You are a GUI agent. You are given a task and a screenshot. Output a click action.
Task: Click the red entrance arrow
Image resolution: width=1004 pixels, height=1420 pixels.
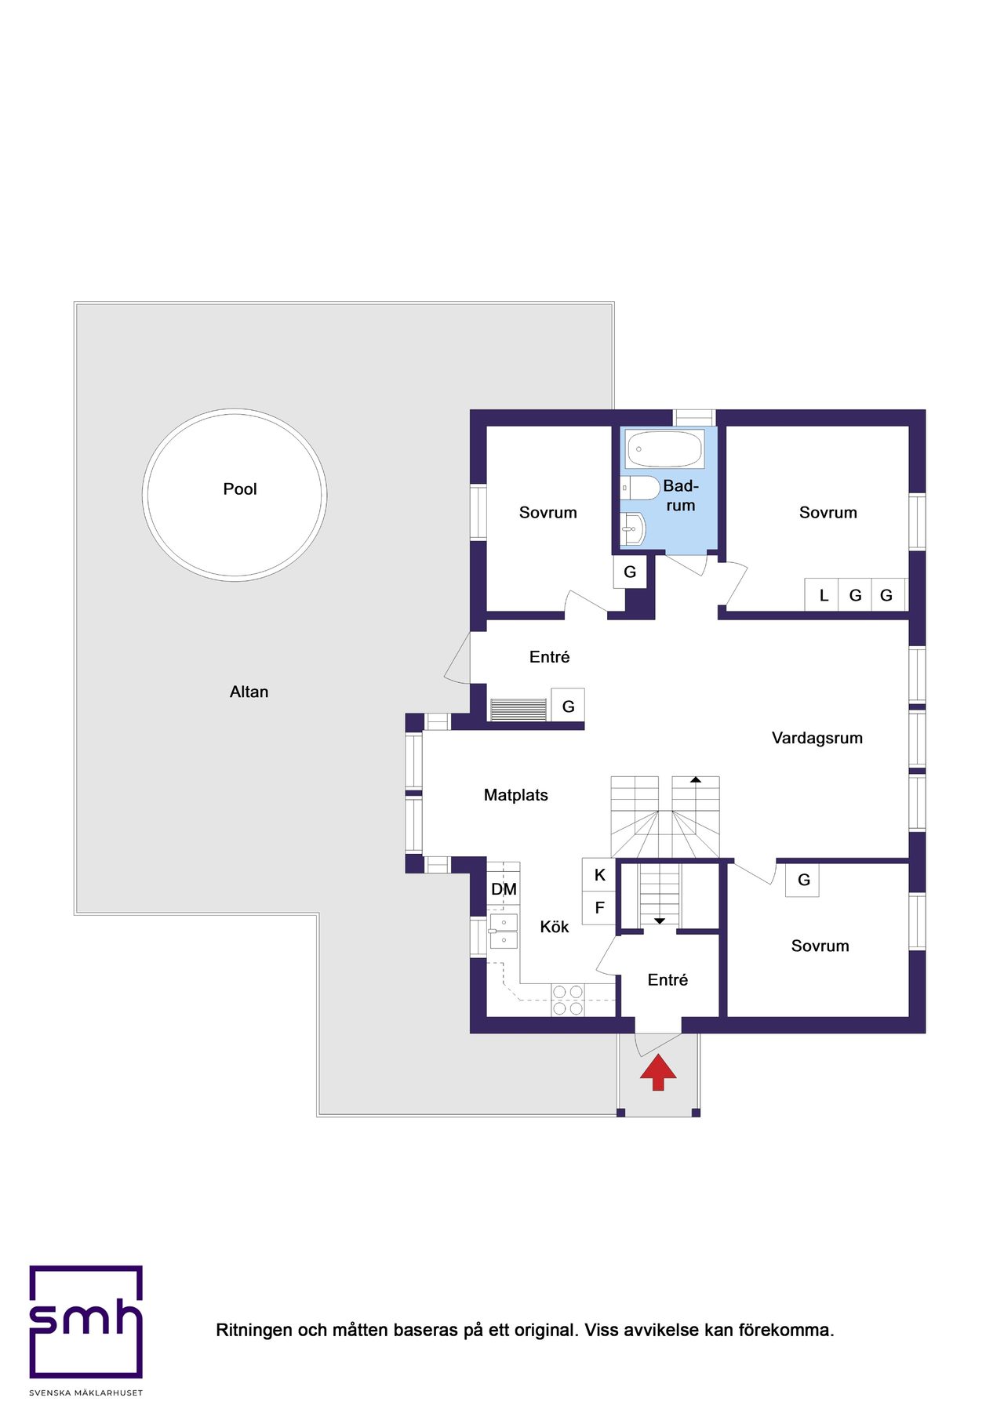pyautogui.click(x=658, y=1072)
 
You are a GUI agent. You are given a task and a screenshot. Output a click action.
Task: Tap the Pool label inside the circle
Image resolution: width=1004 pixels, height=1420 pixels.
pyautogui.click(x=240, y=489)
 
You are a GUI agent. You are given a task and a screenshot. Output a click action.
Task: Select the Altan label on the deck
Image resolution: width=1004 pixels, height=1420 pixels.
pyautogui.click(x=249, y=692)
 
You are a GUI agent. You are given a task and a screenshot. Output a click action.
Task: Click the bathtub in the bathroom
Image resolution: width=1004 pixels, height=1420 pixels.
pyautogui.click(x=665, y=449)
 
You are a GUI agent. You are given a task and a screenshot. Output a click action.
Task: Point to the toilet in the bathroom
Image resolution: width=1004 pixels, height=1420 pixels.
pyautogui.click(x=640, y=488)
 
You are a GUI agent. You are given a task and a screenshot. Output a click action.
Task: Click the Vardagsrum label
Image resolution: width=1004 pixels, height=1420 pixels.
pyautogui.click(x=817, y=738)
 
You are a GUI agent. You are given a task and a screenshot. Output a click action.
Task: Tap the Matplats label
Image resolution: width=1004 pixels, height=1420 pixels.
pyautogui.click(x=516, y=795)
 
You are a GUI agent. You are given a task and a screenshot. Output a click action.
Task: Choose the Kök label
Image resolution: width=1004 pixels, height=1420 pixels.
pyautogui.click(x=555, y=927)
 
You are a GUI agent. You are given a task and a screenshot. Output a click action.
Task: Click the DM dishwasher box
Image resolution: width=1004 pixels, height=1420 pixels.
pyautogui.click(x=504, y=889)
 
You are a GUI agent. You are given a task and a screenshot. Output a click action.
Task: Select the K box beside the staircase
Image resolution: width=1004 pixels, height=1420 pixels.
pyautogui.click(x=599, y=875)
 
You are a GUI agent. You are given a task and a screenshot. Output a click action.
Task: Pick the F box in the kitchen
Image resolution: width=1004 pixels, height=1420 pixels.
pyautogui.click(x=599, y=908)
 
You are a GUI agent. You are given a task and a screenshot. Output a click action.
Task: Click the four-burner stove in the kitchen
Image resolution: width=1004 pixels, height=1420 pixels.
pyautogui.click(x=568, y=1000)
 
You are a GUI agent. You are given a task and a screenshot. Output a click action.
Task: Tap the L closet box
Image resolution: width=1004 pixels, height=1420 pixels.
pyautogui.click(x=823, y=595)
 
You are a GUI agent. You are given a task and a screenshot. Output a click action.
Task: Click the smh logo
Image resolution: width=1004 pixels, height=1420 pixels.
pyautogui.click(x=86, y=1322)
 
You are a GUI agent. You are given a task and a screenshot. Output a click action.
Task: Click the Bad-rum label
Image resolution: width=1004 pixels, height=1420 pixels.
pyautogui.click(x=681, y=496)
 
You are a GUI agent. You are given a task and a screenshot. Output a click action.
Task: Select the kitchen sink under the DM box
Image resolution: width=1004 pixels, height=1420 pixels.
pyautogui.click(x=503, y=931)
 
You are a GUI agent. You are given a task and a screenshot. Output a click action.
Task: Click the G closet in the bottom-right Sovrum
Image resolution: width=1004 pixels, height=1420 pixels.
pyautogui.click(x=803, y=880)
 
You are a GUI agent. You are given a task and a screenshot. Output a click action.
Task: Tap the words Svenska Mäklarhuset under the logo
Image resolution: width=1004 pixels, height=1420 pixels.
pyautogui.click(x=86, y=1393)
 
